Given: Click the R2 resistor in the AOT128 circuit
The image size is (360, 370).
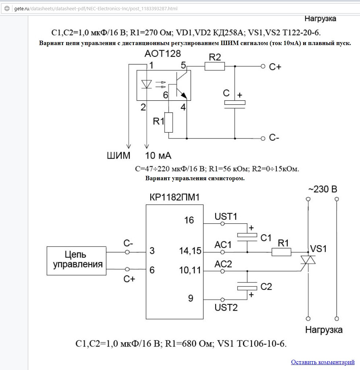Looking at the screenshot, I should [214, 66].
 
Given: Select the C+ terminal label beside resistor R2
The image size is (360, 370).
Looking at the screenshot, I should [275, 67].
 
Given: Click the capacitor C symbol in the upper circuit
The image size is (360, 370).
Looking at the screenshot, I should [235, 104].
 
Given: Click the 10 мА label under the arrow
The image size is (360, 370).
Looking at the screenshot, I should [158, 156].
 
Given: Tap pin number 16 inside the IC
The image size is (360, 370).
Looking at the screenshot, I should [189, 220].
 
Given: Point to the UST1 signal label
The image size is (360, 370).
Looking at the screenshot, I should [226, 217].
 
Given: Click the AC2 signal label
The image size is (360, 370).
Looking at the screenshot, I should [223, 264].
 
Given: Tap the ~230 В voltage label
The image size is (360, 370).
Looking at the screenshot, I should [322, 189].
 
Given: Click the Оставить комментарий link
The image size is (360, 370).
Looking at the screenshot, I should [323, 362].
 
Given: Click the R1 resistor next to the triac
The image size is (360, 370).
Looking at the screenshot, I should [281, 252].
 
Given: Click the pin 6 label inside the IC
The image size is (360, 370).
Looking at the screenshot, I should [152, 270].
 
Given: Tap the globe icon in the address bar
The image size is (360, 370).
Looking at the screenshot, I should [7, 8].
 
